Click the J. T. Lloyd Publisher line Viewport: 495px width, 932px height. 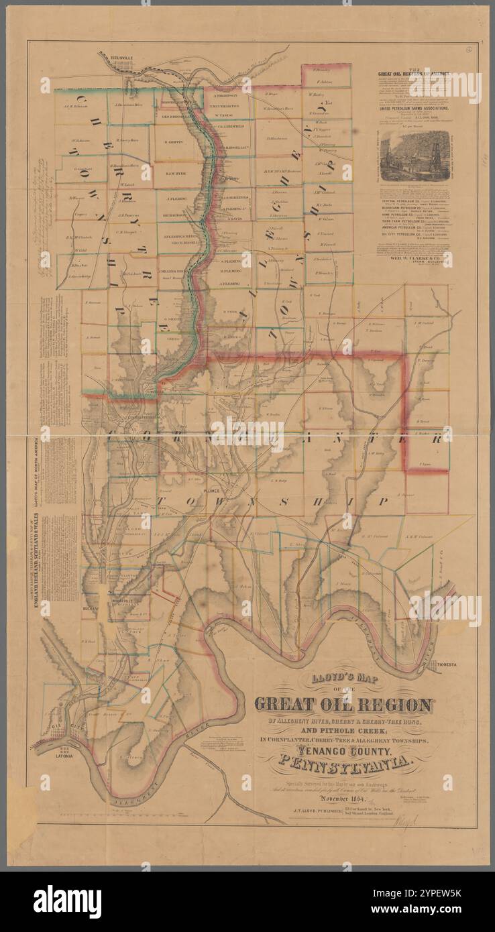309,811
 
